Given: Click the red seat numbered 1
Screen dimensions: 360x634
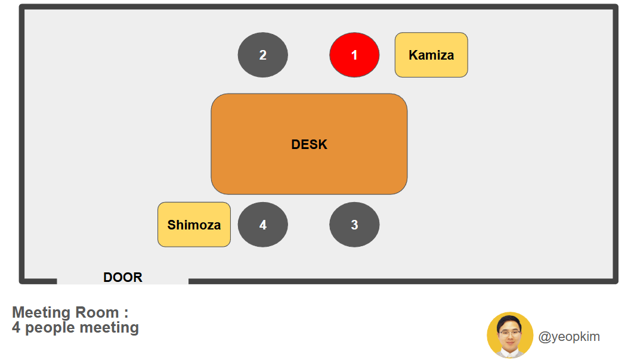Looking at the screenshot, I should click(354, 55).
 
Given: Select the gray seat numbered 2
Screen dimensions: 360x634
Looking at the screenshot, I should click(263, 55).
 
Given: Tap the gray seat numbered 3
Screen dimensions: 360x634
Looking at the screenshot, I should click(354, 225).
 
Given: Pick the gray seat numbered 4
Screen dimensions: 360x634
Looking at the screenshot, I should click(263, 225).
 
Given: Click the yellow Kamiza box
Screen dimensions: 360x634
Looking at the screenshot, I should click(431, 55).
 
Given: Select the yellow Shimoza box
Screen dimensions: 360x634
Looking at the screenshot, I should click(194, 225).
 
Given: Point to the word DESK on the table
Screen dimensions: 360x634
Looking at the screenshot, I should click(309, 144).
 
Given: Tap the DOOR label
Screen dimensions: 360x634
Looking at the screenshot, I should click(123, 277).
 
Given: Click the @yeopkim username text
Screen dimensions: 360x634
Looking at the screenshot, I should click(569, 337).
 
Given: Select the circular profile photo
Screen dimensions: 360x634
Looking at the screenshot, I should click(510, 335).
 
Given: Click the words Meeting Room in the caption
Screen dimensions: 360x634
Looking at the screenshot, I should click(66, 312).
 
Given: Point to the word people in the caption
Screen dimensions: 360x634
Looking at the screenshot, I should click(51, 327).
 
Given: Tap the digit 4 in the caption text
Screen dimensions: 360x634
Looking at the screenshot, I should click(16, 327).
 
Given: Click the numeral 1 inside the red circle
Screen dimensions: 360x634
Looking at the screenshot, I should click(354, 55).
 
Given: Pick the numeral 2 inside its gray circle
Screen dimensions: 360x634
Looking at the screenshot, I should click(263, 55).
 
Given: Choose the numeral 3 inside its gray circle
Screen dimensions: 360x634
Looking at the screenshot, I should click(354, 225).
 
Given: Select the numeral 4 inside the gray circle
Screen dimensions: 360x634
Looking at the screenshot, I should click(263, 225).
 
